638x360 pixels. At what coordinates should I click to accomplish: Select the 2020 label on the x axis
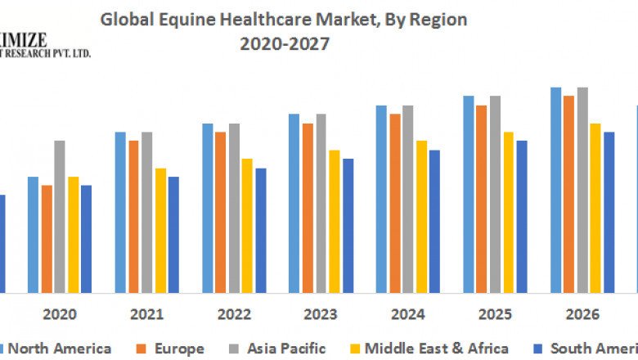pos(60,314)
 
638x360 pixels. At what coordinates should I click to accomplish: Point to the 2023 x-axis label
pos(321,314)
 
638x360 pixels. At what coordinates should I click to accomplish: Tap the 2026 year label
pos(582,314)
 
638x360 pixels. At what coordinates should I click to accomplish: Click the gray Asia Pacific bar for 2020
pos(60,217)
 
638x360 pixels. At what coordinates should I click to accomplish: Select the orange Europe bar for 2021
pos(133,217)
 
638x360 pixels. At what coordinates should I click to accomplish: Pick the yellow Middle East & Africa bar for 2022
pos(247,226)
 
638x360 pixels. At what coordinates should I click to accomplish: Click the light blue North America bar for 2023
pos(294,204)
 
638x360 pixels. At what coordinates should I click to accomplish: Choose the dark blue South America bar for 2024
pos(434,222)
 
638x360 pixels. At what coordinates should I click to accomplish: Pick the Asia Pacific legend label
pos(285,349)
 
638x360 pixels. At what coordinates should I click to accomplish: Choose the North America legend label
pos(60,349)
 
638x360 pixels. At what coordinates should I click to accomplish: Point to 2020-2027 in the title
pos(285,45)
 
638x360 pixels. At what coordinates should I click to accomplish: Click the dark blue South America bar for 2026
pos(609,213)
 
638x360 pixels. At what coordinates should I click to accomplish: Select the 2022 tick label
pos(234,314)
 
